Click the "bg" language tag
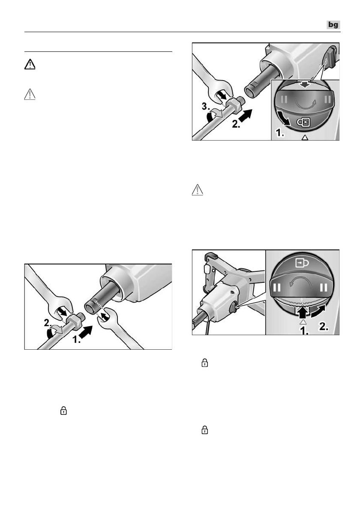click(x=333, y=25)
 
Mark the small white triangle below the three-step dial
click(x=305, y=138)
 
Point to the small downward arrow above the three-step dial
click(x=305, y=85)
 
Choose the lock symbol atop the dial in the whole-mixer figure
click(x=303, y=262)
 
